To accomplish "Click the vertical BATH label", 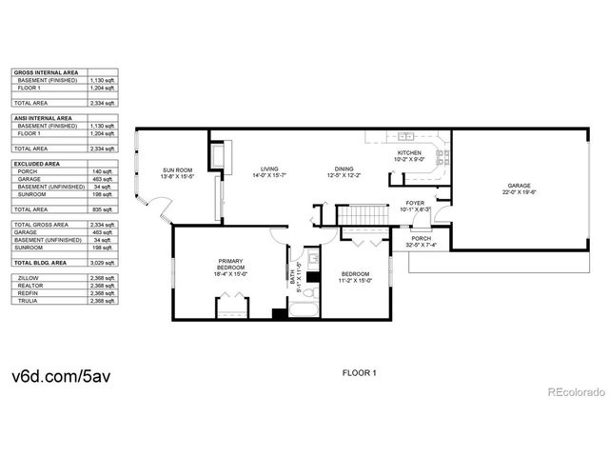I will [x=298, y=273].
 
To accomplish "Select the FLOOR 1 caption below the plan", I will [x=360, y=373].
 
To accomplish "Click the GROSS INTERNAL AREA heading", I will [x=45, y=72].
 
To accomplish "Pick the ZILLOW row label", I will [x=29, y=277].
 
